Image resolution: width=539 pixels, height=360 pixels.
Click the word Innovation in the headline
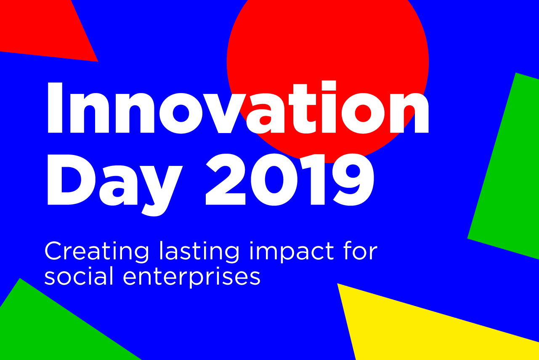click(x=238, y=107)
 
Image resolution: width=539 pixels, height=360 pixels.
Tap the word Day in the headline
click(x=114, y=185)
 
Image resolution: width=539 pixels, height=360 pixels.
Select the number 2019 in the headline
click(x=289, y=179)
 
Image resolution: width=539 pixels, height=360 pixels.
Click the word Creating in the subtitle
click(x=97, y=252)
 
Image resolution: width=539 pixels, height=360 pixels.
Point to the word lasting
click(x=199, y=252)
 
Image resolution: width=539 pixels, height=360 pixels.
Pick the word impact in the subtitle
click(x=292, y=252)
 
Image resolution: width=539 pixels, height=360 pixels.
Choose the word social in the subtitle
click(x=79, y=276)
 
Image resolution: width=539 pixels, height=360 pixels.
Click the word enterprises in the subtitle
click(x=192, y=277)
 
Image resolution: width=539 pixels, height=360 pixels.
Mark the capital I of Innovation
click(x=55, y=108)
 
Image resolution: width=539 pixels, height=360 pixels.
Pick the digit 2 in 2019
click(x=225, y=179)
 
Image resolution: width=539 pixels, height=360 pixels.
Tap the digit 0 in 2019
click(x=274, y=180)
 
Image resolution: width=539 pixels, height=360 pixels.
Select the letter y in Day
click(x=160, y=190)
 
